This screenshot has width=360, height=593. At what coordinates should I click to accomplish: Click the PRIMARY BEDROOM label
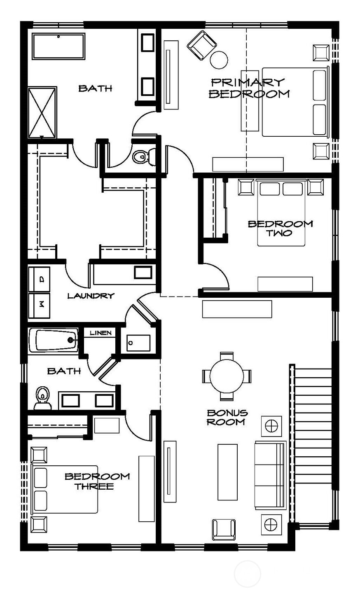click(249, 88)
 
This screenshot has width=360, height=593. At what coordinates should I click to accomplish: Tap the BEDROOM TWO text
click(281, 228)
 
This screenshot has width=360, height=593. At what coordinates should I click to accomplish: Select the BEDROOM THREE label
click(97, 481)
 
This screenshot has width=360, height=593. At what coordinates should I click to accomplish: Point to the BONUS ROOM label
click(227, 417)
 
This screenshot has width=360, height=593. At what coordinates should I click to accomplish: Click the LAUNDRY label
click(90, 295)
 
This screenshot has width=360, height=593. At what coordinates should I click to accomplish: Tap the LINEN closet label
click(101, 333)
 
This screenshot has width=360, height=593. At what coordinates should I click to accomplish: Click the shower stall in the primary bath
click(42, 112)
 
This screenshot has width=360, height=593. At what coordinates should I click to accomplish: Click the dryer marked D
click(40, 279)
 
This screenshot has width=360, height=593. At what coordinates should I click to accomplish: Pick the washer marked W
click(40, 305)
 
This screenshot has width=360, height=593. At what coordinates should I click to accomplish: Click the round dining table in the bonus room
click(227, 376)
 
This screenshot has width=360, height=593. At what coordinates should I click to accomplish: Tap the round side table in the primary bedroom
click(219, 60)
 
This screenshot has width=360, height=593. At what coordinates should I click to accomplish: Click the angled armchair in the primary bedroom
click(201, 45)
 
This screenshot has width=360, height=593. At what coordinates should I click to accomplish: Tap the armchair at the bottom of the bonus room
click(224, 530)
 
